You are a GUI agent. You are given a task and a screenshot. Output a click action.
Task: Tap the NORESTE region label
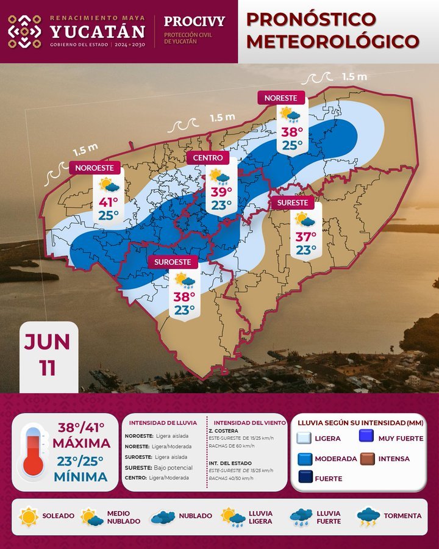281,98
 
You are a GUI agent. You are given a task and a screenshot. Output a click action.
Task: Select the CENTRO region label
208,158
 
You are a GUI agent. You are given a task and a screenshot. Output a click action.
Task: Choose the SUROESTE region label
173,262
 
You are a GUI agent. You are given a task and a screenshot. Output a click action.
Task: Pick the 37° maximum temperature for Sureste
305,236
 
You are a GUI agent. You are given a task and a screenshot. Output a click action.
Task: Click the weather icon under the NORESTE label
290,114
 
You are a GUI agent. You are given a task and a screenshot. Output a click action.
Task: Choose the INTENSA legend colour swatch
367,458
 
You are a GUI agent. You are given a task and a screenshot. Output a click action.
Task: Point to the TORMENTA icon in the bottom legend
368,517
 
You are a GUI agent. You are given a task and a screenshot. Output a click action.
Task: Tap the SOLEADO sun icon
29,516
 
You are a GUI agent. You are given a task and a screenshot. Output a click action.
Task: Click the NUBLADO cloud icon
163,517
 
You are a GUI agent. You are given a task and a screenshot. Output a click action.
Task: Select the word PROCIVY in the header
195,21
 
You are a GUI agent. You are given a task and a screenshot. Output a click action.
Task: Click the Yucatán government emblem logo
24,31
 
